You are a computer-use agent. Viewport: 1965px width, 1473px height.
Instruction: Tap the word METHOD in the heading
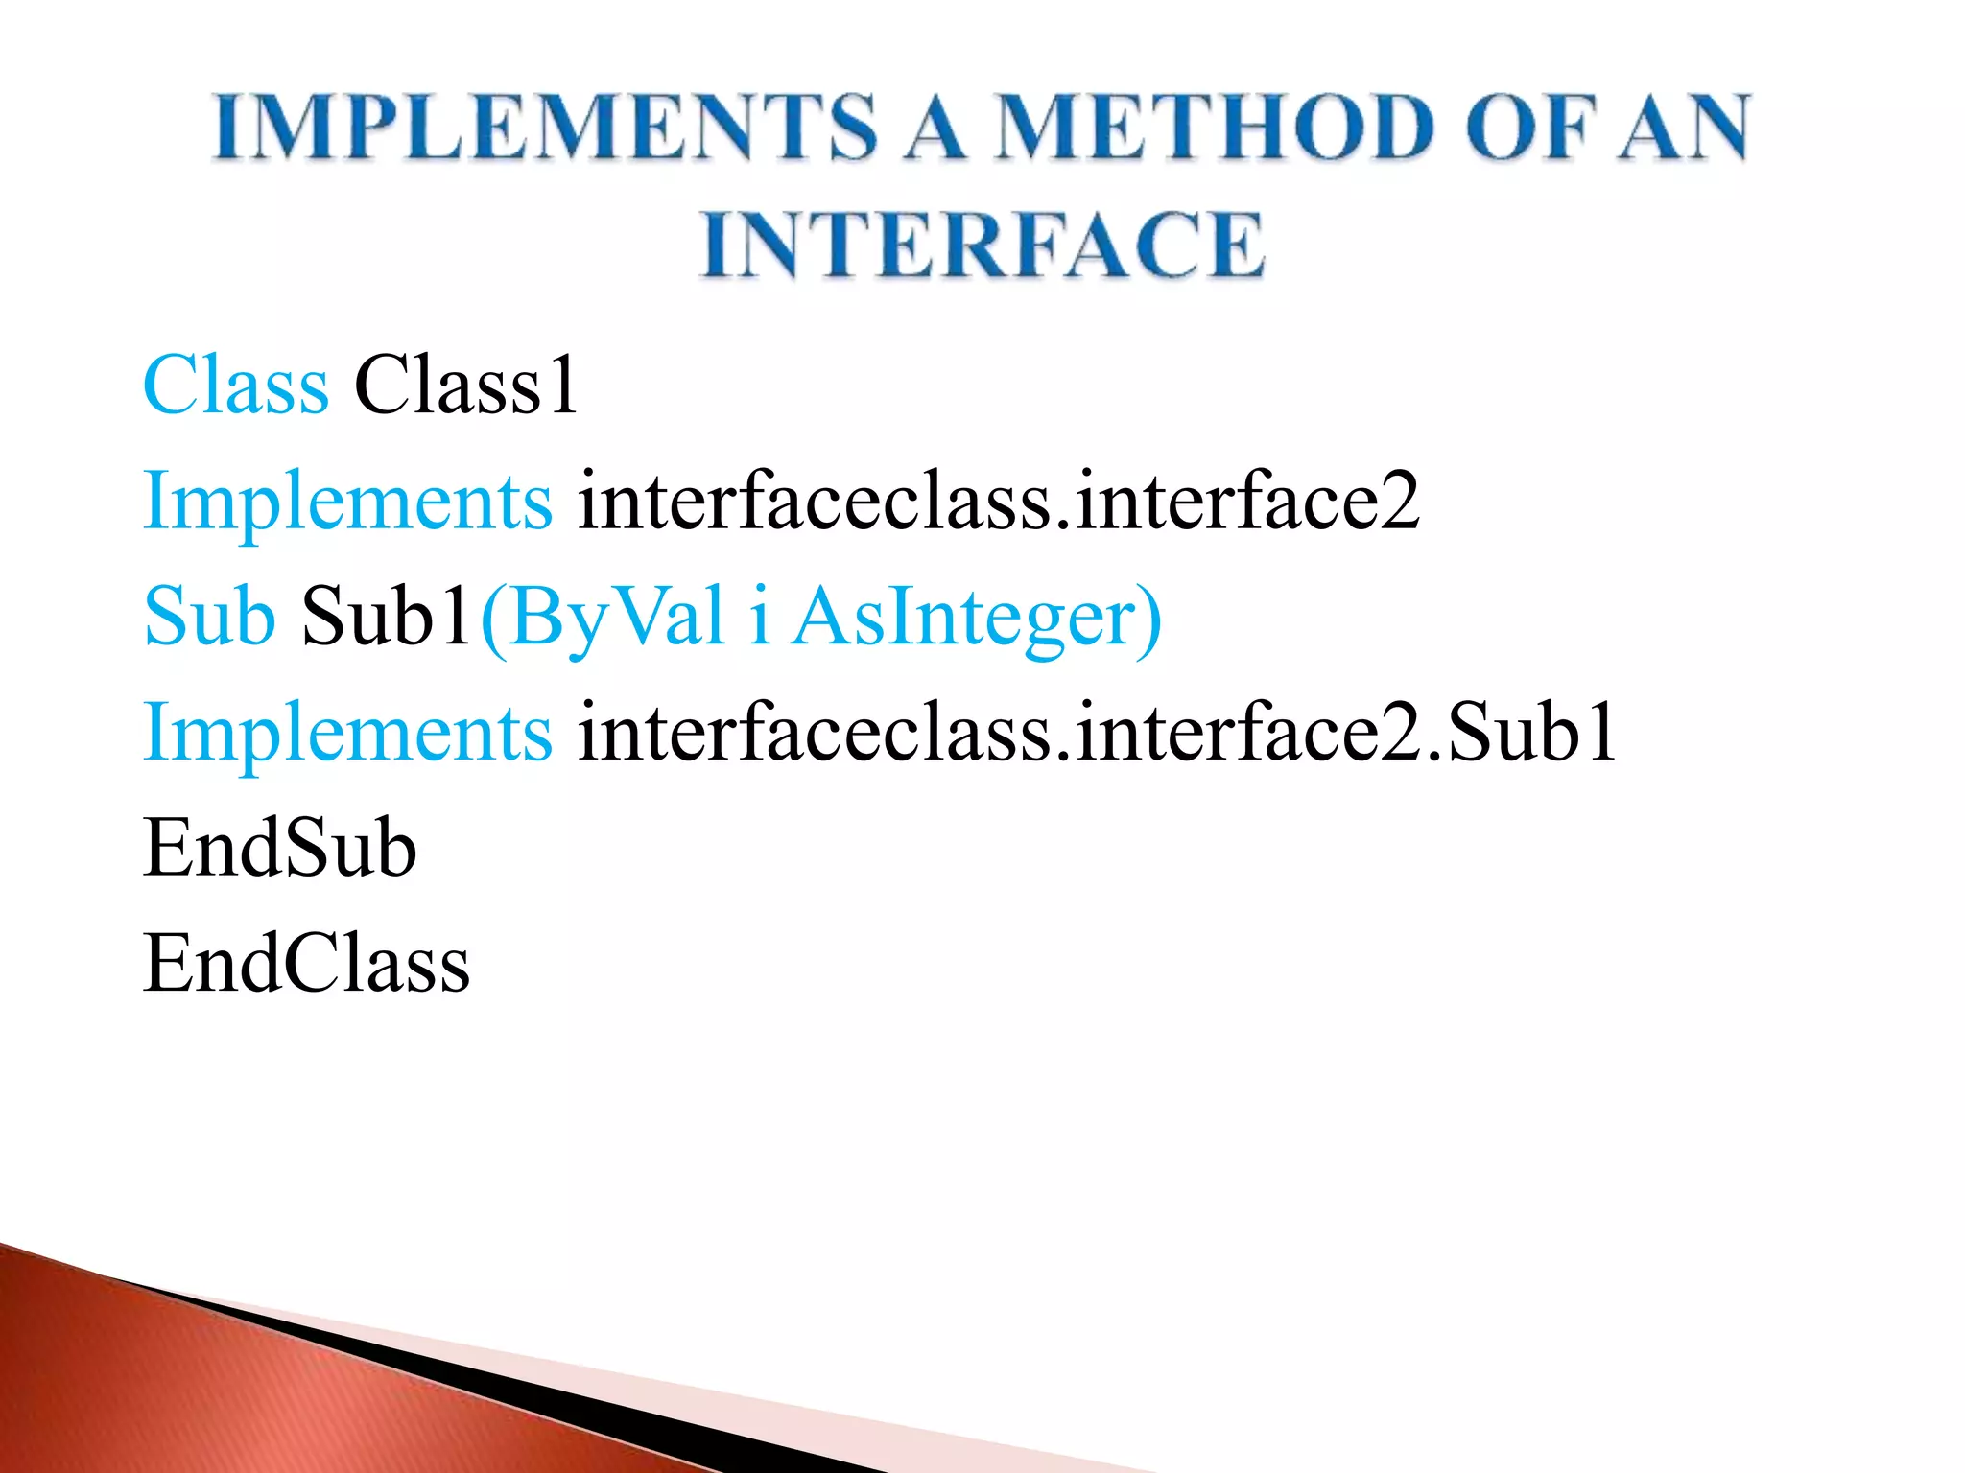click(1213, 128)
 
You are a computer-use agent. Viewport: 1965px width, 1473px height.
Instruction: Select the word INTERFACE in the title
click(982, 245)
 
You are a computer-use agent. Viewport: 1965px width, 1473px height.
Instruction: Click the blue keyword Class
click(236, 386)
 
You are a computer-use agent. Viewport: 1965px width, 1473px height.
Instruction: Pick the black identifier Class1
click(466, 386)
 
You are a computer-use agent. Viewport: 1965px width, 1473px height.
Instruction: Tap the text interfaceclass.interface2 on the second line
click(998, 501)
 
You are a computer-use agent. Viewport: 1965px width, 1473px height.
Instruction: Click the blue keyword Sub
click(209, 617)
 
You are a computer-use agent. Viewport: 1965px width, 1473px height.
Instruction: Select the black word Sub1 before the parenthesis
click(387, 617)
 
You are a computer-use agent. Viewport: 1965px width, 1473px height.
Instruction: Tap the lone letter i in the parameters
click(759, 617)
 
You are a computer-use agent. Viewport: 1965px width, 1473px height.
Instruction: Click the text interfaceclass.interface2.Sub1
click(1097, 733)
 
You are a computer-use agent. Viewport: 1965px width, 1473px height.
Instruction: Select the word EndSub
click(279, 849)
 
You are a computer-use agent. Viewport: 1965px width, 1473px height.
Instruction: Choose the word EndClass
click(306, 964)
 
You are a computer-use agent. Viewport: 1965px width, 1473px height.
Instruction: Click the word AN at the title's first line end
click(1684, 128)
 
